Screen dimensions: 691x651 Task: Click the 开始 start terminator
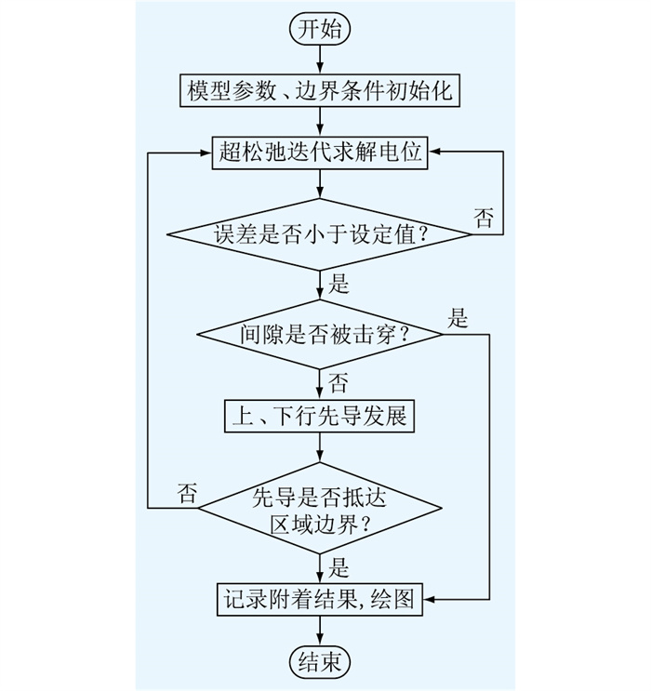pyautogui.click(x=321, y=29)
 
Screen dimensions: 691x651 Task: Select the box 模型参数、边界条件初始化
pyautogui.click(x=320, y=93)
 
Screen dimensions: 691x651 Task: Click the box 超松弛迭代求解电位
pyautogui.click(x=320, y=152)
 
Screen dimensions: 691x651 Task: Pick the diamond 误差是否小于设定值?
pyautogui.click(x=320, y=234)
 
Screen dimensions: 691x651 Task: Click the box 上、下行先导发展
pyautogui.click(x=320, y=416)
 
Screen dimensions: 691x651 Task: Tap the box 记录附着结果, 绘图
pyautogui.click(x=320, y=596)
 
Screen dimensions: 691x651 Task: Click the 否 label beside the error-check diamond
pyautogui.click(x=484, y=219)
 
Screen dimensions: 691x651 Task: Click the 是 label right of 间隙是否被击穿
pyautogui.click(x=458, y=318)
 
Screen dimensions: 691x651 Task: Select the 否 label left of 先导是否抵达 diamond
pyautogui.click(x=188, y=492)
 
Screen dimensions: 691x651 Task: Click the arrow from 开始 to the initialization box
pyautogui.click(x=321, y=58)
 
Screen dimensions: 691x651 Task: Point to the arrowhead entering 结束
pyautogui.click(x=321, y=640)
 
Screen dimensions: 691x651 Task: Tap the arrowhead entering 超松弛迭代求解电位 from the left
pyautogui.click(x=206, y=152)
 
